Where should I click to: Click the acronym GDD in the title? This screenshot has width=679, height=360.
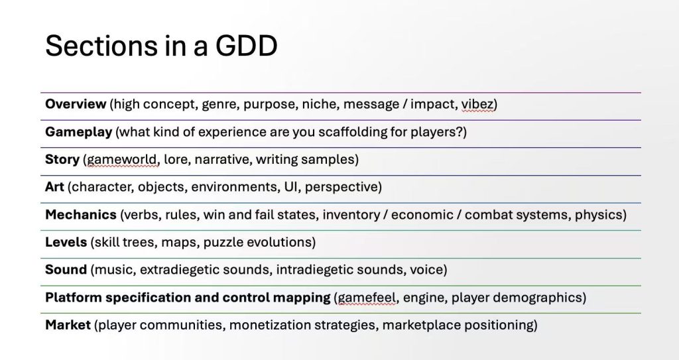point(246,45)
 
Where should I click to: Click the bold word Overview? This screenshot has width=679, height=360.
point(76,104)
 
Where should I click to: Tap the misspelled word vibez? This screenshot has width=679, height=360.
point(477,104)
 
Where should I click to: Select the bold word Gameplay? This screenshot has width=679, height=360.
point(78,132)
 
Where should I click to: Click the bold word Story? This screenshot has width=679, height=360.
point(62,160)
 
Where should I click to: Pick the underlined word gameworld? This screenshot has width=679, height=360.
point(122,160)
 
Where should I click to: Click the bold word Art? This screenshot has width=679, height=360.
point(54,187)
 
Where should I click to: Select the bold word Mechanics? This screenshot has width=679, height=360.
point(80,214)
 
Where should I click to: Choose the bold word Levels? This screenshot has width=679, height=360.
point(66,242)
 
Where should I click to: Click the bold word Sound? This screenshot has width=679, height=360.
point(66,269)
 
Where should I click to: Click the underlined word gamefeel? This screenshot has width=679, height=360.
point(366,298)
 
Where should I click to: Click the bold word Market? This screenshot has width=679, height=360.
point(68,325)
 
